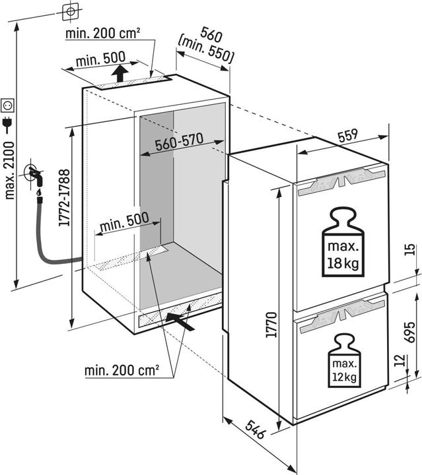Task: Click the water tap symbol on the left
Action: click(35, 177)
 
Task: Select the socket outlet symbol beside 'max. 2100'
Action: click(9, 104)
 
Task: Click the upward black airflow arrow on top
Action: click(120, 73)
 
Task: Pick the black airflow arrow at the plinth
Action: click(182, 321)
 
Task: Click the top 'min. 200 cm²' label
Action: click(102, 34)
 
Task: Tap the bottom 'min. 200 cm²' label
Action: click(122, 371)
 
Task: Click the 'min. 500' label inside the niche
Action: click(123, 223)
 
